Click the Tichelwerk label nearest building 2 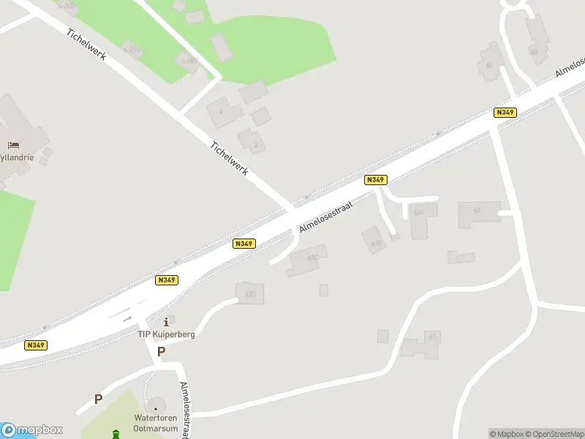tap(229, 157)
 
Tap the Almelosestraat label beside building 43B tap(325, 218)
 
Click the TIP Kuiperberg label tap(167, 334)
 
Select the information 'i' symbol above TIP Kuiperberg tap(167, 321)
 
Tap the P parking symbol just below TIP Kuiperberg tap(161, 352)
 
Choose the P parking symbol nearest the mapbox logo tap(98, 399)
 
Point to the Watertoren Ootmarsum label tap(156, 422)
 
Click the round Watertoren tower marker tap(154, 406)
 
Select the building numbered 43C tap(307, 260)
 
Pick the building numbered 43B tap(374, 241)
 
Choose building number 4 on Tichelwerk tap(223, 113)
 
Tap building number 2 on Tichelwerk tap(252, 140)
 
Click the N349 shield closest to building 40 tap(505, 112)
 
